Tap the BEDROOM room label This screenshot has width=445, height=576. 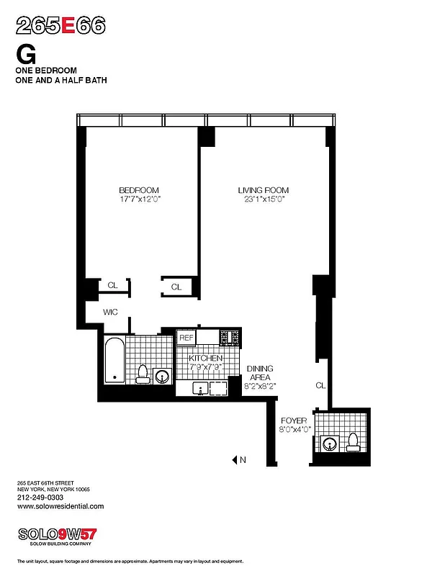coord(139,190)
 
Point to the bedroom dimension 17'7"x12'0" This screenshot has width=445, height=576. coord(139,199)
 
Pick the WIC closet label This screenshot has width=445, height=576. coord(109,312)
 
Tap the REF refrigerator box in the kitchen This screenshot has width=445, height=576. coord(186,337)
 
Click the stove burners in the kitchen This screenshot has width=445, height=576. coord(230,337)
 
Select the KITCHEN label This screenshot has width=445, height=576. coord(205,358)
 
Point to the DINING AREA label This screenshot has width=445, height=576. coord(261,373)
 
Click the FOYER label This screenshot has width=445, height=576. coord(295,420)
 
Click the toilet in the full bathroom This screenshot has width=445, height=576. coord(143,374)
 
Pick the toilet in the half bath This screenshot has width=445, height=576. coord(354,442)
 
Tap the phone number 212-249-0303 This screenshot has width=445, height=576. coord(40,498)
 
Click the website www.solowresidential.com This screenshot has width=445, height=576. coord(60,506)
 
